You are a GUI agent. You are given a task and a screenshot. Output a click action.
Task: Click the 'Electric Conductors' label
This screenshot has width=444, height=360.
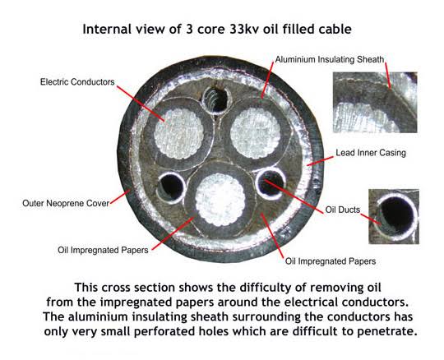click(77, 82)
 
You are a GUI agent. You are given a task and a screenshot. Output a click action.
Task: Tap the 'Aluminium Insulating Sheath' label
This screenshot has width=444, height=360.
click(330, 60)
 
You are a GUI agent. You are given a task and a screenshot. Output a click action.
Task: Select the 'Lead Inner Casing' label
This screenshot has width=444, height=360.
click(371, 153)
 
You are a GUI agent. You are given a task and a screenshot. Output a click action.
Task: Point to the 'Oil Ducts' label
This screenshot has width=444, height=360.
click(343, 210)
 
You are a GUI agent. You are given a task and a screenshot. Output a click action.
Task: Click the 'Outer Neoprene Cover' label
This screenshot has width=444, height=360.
click(66, 203)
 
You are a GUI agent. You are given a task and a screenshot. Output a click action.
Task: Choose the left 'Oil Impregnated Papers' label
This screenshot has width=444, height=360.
click(103, 250)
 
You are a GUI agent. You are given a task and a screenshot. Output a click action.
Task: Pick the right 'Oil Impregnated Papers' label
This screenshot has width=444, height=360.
click(331, 261)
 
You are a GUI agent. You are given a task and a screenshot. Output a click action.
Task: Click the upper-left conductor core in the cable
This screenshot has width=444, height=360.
click(179, 133)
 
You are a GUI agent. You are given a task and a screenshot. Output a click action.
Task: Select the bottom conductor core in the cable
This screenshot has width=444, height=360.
click(220, 200)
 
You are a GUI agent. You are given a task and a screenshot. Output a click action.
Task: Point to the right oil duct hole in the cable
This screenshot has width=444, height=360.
click(270, 182)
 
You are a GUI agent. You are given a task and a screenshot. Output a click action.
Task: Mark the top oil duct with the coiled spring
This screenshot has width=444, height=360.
click(216, 99)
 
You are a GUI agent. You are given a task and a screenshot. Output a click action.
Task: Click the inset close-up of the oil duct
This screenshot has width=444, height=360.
click(394, 216)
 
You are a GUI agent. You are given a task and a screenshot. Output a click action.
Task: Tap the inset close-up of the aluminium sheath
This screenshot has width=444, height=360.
click(375, 103)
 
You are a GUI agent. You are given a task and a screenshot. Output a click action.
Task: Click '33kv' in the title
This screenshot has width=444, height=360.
click(244, 29)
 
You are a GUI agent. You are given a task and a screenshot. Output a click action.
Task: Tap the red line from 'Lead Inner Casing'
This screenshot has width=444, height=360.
click(320, 161)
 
